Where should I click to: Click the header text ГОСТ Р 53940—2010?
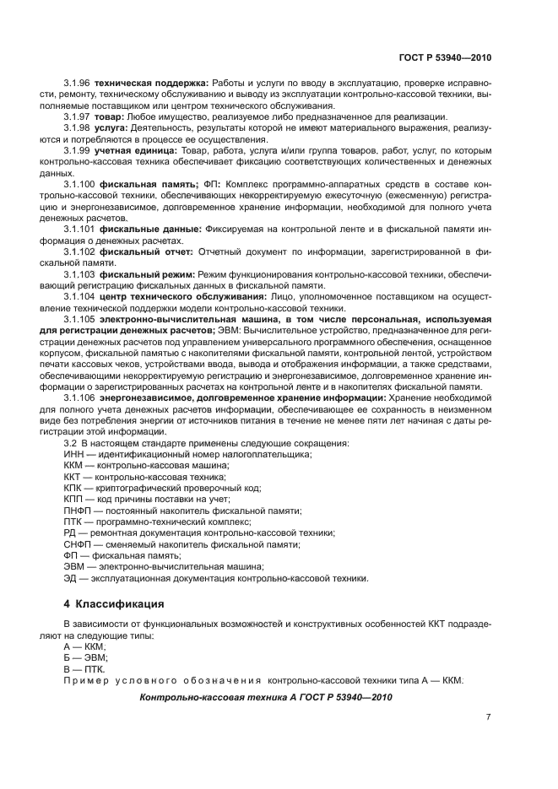[x=444, y=57]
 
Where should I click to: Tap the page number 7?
[x=488, y=717]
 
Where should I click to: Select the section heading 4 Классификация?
[x=114, y=603]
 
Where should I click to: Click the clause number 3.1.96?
[x=77, y=84]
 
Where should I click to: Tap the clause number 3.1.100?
[x=79, y=183]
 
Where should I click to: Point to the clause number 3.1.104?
[x=79, y=296]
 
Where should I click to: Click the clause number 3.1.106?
[x=79, y=397]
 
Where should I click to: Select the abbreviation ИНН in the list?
[x=74, y=454]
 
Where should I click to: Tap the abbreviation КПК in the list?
[x=74, y=488]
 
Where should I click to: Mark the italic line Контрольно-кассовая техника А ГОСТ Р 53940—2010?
[x=265, y=697]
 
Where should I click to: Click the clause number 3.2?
[x=70, y=443]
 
